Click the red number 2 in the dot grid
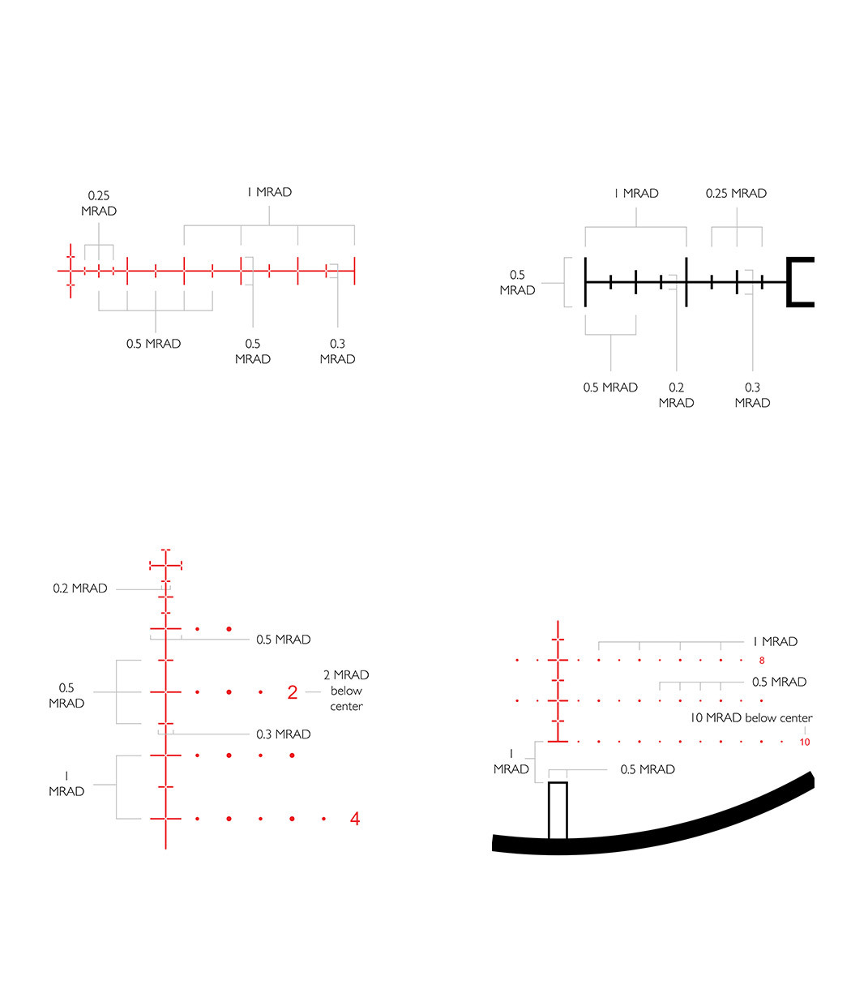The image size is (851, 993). [292, 691]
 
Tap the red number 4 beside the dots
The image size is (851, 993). [354, 819]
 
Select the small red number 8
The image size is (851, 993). [762, 661]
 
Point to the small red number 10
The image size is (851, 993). [805, 743]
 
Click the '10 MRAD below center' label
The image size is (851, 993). [751, 717]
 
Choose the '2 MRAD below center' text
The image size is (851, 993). [346, 691]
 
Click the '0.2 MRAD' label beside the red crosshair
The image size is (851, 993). [79, 589]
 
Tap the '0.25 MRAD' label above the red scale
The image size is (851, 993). [99, 203]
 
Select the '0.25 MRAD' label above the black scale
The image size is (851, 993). [736, 193]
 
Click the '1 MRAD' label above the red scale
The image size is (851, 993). [269, 192]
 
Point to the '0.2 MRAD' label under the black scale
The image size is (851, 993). [676, 395]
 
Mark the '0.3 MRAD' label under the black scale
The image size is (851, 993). [752, 395]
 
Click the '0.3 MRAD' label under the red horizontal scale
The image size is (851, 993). [338, 351]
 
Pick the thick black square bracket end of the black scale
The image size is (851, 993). [800, 282]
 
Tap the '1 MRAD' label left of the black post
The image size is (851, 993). [511, 761]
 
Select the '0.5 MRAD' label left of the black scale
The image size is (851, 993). [517, 282]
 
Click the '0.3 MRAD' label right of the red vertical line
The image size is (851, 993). [284, 734]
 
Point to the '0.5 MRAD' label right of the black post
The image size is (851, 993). [648, 769]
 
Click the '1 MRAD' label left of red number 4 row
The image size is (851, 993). [66, 784]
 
